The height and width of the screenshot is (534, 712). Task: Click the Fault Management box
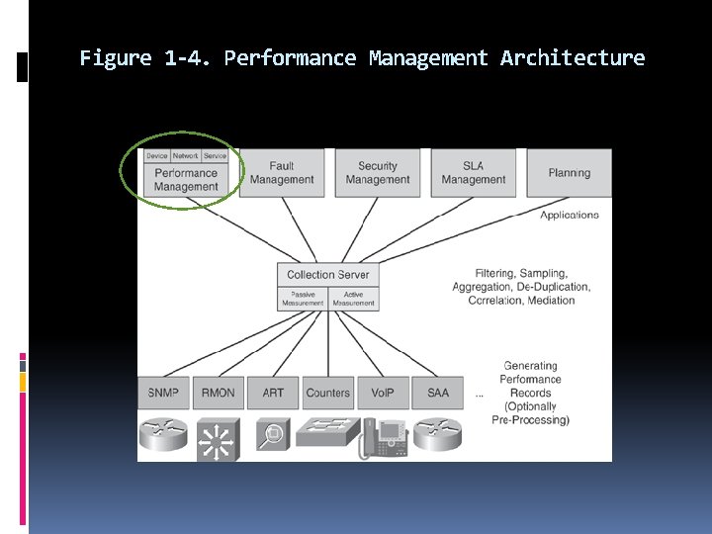point(282,173)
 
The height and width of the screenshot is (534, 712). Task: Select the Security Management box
point(378,173)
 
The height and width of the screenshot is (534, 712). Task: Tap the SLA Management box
point(473,173)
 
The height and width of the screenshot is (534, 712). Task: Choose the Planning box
point(569,173)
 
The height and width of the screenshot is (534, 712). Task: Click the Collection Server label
point(328,275)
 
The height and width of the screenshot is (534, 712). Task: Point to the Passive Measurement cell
point(303,299)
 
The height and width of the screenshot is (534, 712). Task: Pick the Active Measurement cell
point(353,299)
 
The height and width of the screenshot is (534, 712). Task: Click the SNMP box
point(163,393)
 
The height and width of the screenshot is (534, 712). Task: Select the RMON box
point(218,393)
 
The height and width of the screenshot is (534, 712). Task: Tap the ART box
point(273,393)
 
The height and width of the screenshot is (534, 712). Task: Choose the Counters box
point(327,393)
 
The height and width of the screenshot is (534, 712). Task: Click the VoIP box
point(383,393)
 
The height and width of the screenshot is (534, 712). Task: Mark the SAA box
point(438,393)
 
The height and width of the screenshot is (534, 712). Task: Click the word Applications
point(570,215)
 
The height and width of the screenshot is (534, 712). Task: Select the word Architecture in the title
point(573,58)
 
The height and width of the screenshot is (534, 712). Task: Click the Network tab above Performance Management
point(186,155)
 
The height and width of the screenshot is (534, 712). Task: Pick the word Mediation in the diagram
point(551,301)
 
